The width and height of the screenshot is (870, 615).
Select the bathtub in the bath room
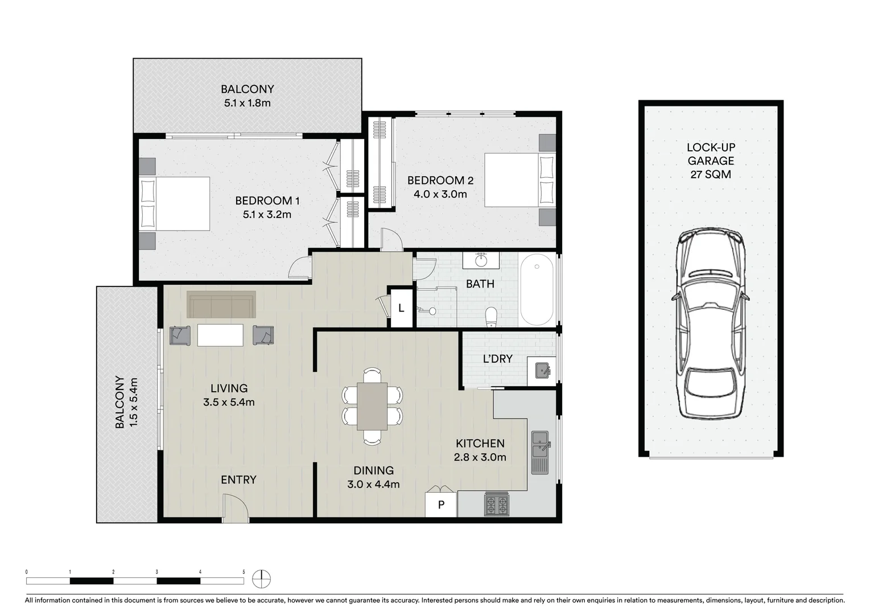pyautogui.click(x=537, y=290)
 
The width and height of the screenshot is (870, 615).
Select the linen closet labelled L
pyautogui.click(x=401, y=308)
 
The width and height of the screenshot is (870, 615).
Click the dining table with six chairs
pyautogui.click(x=372, y=407)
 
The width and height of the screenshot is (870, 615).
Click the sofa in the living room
pyautogui.click(x=221, y=305)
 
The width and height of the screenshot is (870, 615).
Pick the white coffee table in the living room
pyautogui.click(x=220, y=335)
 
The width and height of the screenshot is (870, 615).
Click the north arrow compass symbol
pyautogui.click(x=262, y=579)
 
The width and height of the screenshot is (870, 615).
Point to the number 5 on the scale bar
pyautogui.click(x=244, y=572)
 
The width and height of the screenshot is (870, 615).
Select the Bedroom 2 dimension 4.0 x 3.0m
pyautogui.click(x=440, y=194)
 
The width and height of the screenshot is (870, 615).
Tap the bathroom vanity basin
pyautogui.click(x=481, y=261)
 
